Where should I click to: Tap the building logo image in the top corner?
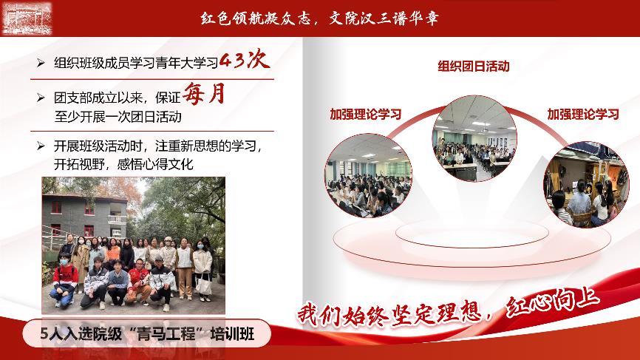(27, 18)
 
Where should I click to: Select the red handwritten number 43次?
(244, 59)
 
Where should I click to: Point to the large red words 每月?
(204, 93)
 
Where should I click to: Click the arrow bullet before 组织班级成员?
(41, 63)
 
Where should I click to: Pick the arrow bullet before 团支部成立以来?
(41, 98)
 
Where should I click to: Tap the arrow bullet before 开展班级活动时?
(41, 146)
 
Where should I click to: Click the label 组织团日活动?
(474, 66)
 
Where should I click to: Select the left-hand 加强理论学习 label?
(366, 115)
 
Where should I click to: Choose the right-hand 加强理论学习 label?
(583, 115)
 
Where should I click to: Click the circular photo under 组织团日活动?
(474, 139)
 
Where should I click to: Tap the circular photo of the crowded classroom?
(368, 175)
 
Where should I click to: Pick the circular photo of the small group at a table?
(586, 185)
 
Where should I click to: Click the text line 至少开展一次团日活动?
(118, 117)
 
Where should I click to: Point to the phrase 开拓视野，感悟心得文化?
(123, 164)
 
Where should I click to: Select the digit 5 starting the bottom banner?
(44, 334)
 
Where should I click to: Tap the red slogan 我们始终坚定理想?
(389, 315)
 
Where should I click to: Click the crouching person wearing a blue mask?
(64, 280)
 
